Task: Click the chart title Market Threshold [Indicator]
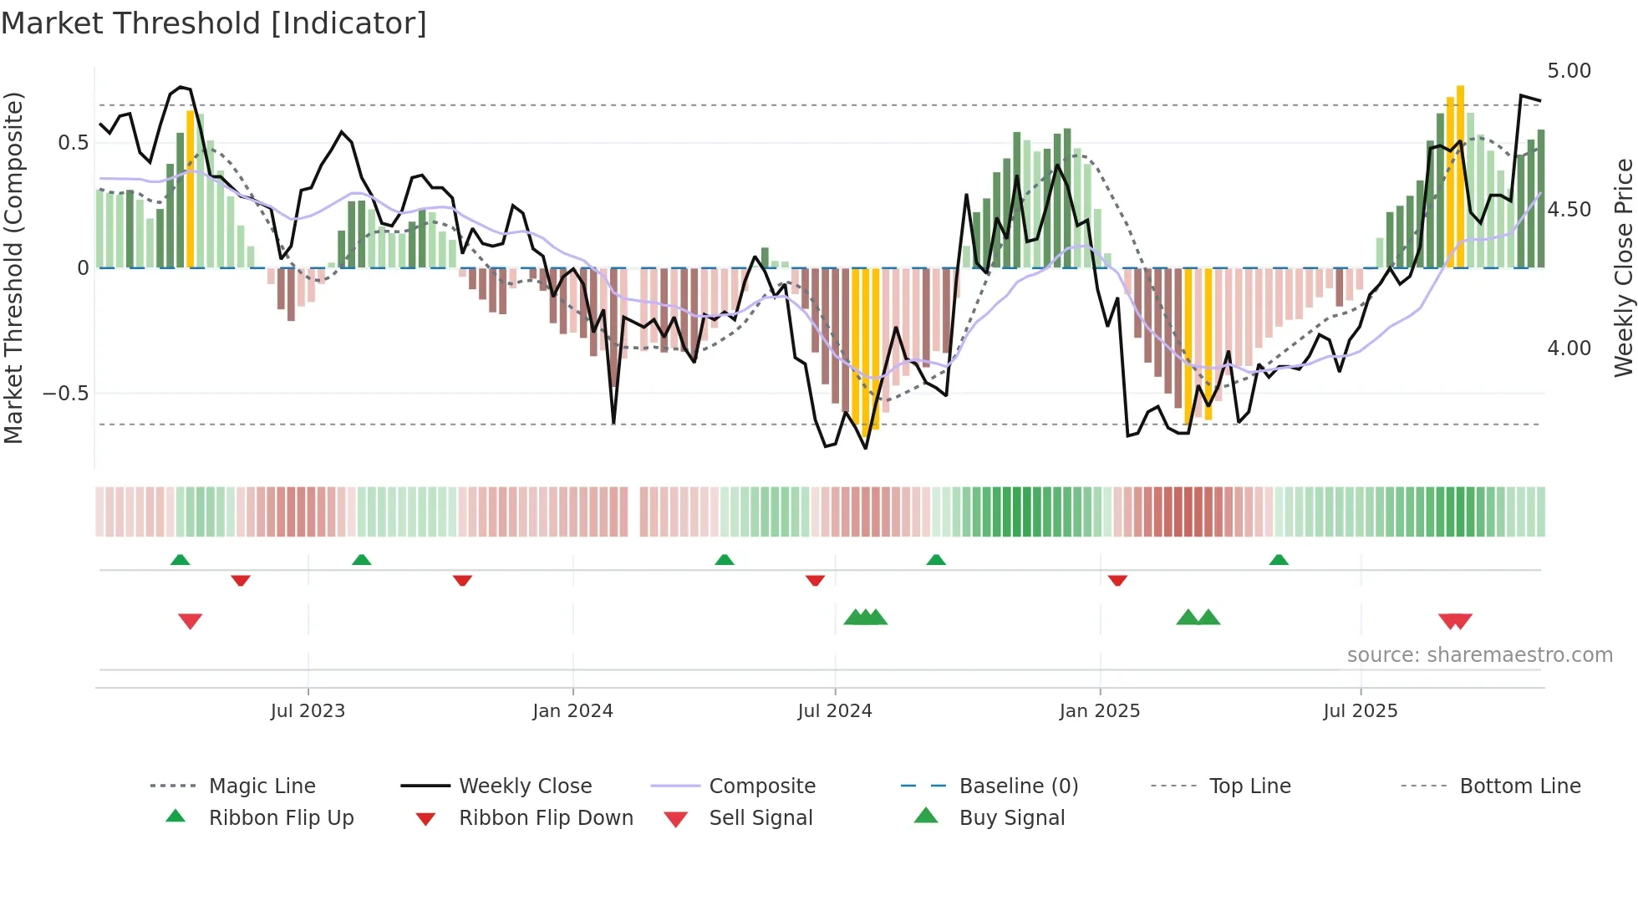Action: click(214, 23)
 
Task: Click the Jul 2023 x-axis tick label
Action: click(308, 711)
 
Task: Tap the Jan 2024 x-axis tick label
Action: click(572, 711)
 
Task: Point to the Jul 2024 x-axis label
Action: click(834, 711)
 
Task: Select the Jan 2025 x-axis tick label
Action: click(1099, 711)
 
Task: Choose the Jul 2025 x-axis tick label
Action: click(1360, 711)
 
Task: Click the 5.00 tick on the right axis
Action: click(1569, 71)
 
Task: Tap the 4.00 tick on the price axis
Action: click(1569, 349)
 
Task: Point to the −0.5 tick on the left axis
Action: click(65, 394)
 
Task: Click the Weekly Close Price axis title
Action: click(1623, 267)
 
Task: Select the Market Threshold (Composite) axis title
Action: click(13, 267)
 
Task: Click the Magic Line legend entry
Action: click(262, 786)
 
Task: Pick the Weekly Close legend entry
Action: click(525, 786)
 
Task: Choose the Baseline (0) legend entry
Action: click(1018, 786)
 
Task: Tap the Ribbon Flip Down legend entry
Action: click(545, 818)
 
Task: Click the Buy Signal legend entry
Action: click(1011, 818)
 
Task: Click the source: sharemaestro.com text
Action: click(1479, 655)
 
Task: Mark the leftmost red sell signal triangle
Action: click(191, 621)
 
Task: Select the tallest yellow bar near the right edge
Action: click(1460, 176)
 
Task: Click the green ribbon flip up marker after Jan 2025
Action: click(1279, 560)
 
